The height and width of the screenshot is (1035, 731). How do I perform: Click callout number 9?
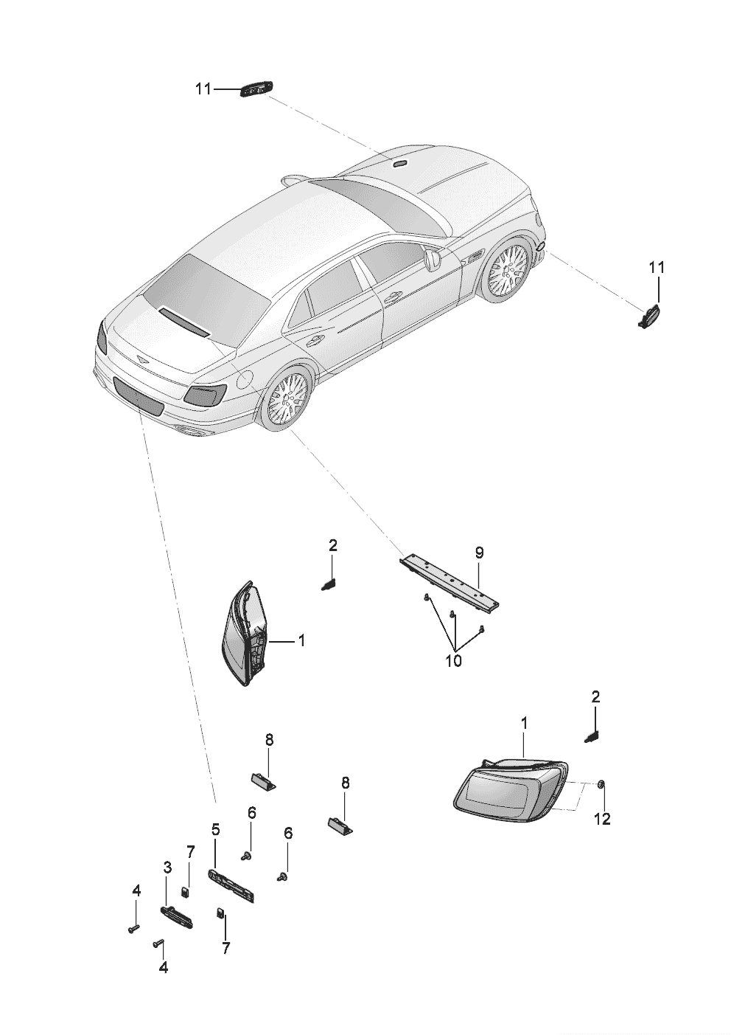pyautogui.click(x=479, y=552)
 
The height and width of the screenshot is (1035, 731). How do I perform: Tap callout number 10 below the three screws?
pyautogui.click(x=454, y=660)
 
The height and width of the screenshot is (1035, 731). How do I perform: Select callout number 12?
pyautogui.click(x=602, y=818)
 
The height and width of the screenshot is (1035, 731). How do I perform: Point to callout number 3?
pyautogui.click(x=167, y=867)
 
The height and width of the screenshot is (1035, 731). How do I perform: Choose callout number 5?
pyautogui.click(x=215, y=829)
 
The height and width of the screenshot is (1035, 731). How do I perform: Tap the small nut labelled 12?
pyautogui.click(x=602, y=783)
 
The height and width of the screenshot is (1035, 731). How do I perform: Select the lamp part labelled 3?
pyautogui.click(x=177, y=918)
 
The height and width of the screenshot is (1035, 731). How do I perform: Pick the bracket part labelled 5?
pyautogui.click(x=232, y=885)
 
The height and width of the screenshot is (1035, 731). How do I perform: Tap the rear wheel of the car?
pyautogui.click(x=288, y=398)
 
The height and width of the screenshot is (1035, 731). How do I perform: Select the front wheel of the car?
pyautogui.click(x=509, y=270)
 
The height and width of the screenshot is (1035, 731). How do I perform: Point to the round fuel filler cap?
pyautogui.click(x=244, y=380)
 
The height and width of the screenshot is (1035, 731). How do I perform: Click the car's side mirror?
pyautogui.click(x=432, y=258)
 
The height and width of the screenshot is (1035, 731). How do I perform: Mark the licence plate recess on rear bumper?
pyautogui.click(x=139, y=395)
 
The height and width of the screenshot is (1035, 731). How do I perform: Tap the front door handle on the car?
pyautogui.click(x=392, y=297)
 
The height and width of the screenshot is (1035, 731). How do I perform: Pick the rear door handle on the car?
pyautogui.click(x=315, y=340)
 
